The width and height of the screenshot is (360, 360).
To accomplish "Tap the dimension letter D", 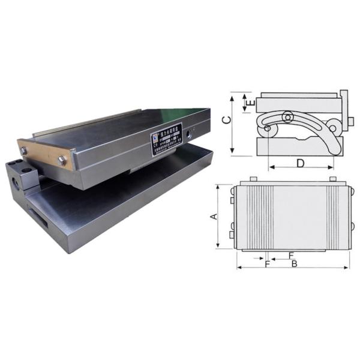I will tap(300, 163).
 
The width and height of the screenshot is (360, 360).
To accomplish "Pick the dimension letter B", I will tap(294, 263).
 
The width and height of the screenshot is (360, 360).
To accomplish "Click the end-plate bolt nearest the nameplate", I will tap(61, 160).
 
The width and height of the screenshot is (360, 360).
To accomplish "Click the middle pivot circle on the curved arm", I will tap(288, 116).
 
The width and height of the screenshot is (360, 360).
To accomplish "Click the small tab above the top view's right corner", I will tap(331, 179).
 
